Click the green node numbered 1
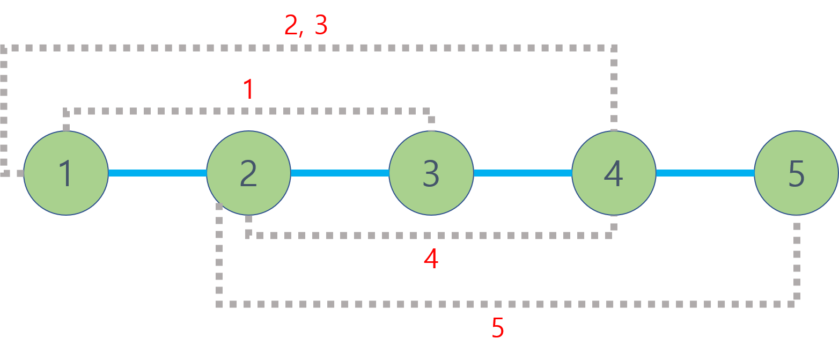[66, 173]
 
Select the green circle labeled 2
[248, 173]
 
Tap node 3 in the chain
[431, 173]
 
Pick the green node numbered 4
[614, 173]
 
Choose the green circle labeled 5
[797, 173]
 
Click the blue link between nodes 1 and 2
[157, 173]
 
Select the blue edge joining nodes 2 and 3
[340, 173]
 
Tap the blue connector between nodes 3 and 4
[522, 173]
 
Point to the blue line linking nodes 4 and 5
[705, 173]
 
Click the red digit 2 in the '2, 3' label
[291, 25]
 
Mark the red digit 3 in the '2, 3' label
[321, 25]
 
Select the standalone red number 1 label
[248, 89]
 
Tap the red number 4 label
[431, 259]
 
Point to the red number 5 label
[497, 328]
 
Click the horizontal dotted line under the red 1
[247, 112]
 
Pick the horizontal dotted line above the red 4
[429, 235]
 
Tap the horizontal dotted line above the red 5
[504, 304]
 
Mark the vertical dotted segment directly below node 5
[797, 258]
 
